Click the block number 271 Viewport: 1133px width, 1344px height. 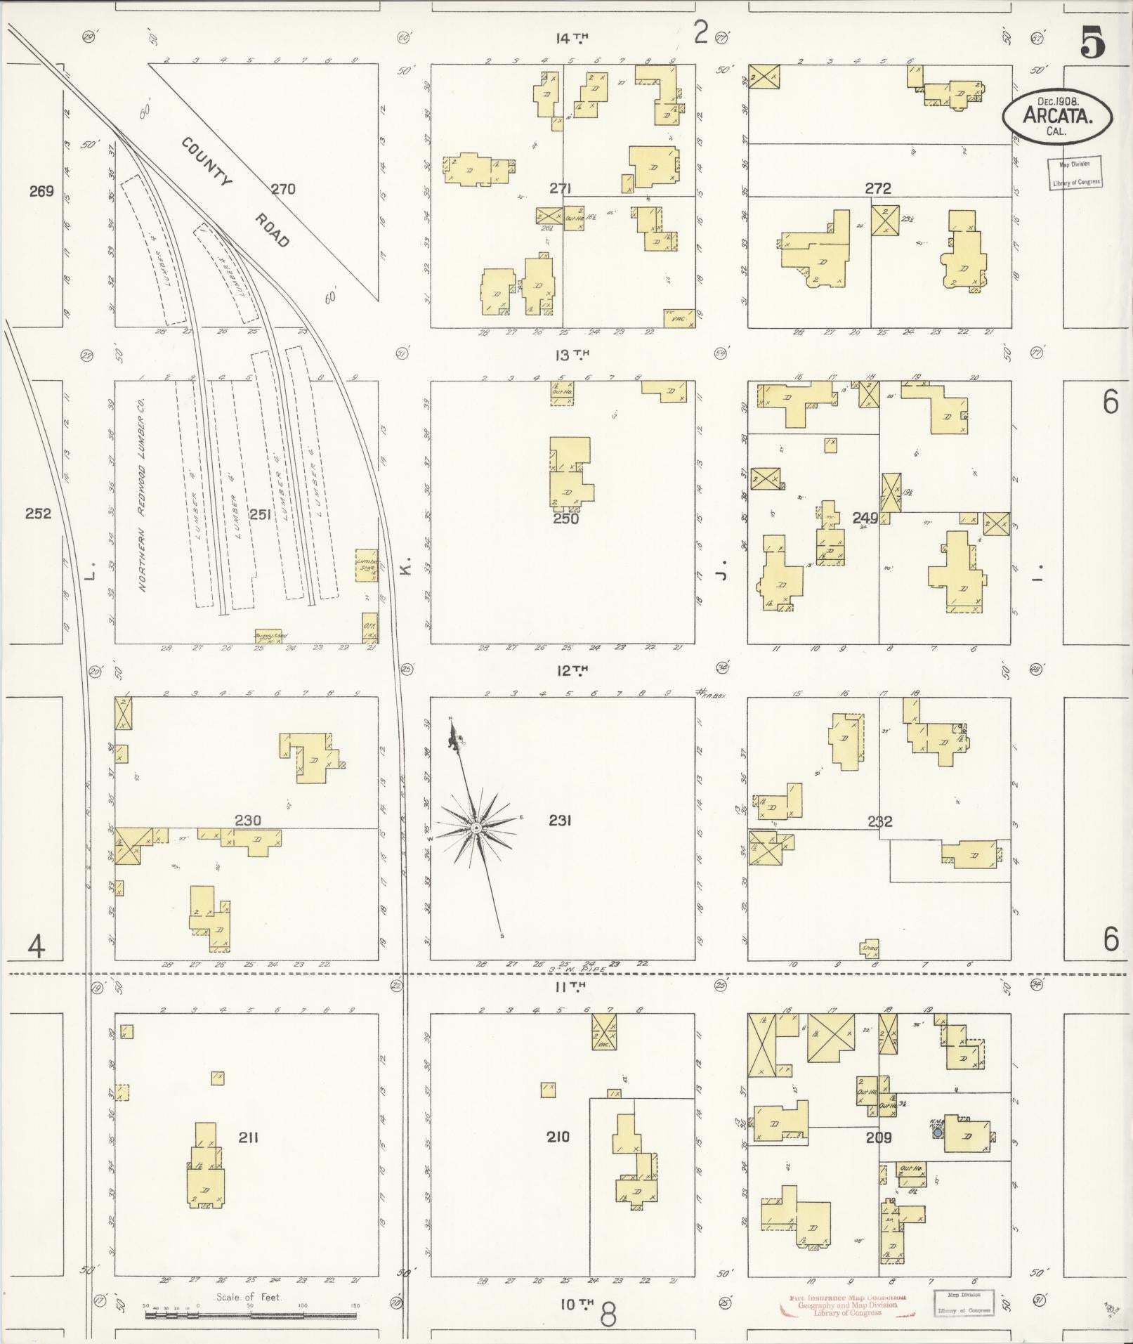tap(560, 188)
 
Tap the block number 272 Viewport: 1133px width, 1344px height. tap(877, 188)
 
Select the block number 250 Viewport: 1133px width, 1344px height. tap(565, 518)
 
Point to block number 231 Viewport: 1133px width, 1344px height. tap(559, 820)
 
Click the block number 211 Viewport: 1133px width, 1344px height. tap(247, 1136)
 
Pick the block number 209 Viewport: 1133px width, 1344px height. tap(878, 1137)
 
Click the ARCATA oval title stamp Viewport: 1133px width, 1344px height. tap(1057, 115)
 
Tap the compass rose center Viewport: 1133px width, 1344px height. tap(476, 829)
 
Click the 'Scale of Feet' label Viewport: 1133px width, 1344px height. tap(249, 1297)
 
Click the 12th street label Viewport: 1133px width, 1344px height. tap(571, 671)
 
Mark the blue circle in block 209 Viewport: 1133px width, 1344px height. tap(936, 1133)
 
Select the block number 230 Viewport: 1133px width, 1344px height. tap(247, 820)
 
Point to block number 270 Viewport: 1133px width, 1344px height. tap(282, 188)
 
